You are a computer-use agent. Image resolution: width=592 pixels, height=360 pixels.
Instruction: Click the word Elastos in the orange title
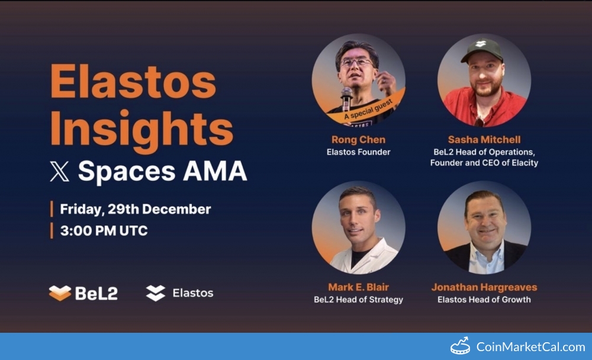tap(133, 82)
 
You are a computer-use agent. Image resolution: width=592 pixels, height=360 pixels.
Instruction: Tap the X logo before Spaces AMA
tap(59, 172)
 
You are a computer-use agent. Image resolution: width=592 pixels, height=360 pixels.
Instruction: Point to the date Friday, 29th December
tap(135, 209)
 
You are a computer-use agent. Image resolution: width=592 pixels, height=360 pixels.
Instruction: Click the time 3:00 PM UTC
tap(104, 231)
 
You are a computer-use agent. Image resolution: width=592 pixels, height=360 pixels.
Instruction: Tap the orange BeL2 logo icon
tap(60, 292)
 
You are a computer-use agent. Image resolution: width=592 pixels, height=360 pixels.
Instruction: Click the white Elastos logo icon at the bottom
tap(156, 292)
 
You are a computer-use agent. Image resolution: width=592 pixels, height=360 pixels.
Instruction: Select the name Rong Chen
tap(358, 140)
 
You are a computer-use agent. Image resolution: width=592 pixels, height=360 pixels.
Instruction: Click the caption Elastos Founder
tap(358, 152)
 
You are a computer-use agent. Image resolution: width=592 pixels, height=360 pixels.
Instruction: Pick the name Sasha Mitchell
tap(484, 140)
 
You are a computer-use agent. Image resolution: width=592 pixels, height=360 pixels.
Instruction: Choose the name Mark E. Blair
tap(358, 287)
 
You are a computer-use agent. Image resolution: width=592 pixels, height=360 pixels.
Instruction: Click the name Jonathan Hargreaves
tap(484, 287)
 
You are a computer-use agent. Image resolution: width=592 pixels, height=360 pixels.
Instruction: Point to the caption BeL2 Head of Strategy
tap(358, 300)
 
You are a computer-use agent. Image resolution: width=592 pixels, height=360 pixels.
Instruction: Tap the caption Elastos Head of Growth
tap(484, 300)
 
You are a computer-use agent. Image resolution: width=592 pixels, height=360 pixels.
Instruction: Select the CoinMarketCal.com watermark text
tap(530, 347)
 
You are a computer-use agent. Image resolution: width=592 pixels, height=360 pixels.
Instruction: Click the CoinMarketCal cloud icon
tap(460, 346)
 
